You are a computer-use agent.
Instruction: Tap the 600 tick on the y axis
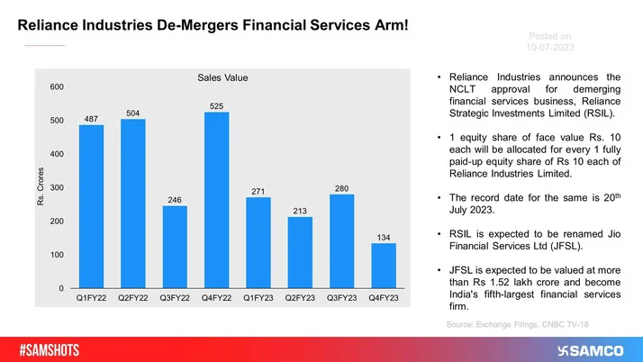click(x=56, y=86)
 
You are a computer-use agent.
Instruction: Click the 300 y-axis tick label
click(x=56, y=187)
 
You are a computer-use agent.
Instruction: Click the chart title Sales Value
click(x=222, y=78)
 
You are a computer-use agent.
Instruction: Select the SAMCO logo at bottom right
click(x=592, y=348)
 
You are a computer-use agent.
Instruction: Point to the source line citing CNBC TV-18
click(x=522, y=321)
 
